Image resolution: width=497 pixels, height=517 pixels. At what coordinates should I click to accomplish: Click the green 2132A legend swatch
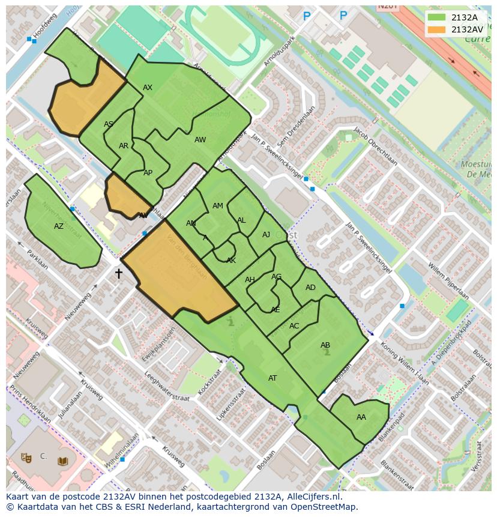(x=436, y=17)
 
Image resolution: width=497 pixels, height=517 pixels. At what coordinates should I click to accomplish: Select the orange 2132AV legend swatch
(x=436, y=29)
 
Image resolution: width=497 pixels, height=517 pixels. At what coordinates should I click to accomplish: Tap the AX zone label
(x=148, y=88)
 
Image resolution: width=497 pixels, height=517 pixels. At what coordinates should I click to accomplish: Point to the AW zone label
(x=200, y=140)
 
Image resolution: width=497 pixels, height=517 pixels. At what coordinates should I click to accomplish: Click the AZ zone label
(x=59, y=226)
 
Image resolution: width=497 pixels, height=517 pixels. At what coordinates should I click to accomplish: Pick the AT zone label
(x=273, y=378)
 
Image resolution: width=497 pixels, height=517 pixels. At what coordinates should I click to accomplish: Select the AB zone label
(x=325, y=345)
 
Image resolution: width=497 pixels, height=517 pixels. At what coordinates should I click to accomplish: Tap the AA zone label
(x=361, y=417)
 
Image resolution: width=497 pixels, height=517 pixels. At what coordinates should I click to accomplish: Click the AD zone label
(x=310, y=288)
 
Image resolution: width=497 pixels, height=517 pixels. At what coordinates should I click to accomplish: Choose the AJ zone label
(x=266, y=235)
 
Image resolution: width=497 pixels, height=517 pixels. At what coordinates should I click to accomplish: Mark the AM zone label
(x=218, y=206)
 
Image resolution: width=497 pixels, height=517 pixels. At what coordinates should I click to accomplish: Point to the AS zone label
(x=109, y=124)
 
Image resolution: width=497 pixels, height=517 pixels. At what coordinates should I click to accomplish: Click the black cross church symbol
(x=118, y=274)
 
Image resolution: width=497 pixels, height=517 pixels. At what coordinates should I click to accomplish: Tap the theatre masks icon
(x=26, y=458)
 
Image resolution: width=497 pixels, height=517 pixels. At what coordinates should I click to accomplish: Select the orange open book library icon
(x=62, y=461)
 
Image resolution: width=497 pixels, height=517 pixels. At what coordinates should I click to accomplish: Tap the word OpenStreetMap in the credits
(x=324, y=507)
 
